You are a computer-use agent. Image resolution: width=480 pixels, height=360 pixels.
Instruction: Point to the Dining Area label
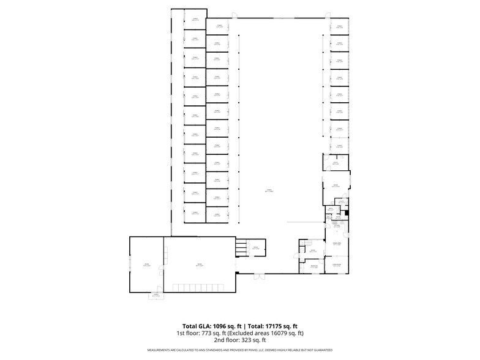(336, 244)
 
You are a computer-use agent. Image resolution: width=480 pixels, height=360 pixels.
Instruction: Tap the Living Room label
(336, 264)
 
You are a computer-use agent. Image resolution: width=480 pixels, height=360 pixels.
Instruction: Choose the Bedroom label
(313, 266)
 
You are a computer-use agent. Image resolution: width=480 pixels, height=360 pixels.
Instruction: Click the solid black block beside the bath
(346, 212)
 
